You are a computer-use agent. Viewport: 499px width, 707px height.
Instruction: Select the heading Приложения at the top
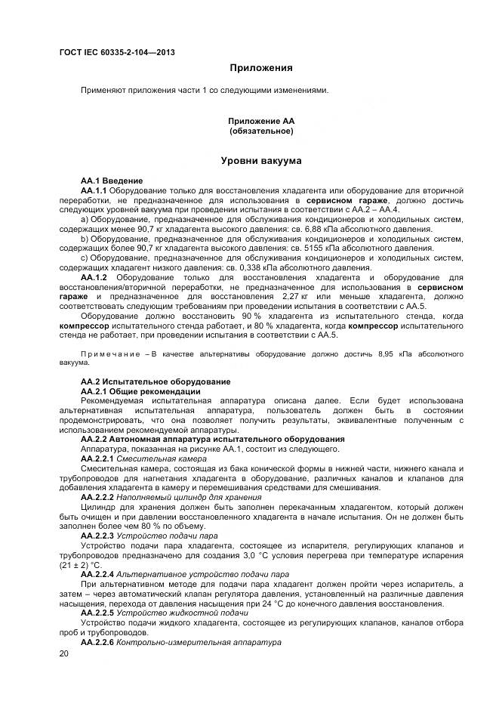pyautogui.click(x=261, y=68)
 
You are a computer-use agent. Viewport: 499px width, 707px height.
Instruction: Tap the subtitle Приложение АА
pyautogui.click(x=261, y=121)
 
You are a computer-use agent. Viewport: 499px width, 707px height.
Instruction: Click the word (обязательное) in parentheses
pyautogui.click(x=261, y=131)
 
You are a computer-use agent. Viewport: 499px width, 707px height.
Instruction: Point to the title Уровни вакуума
pyautogui.click(x=261, y=161)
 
